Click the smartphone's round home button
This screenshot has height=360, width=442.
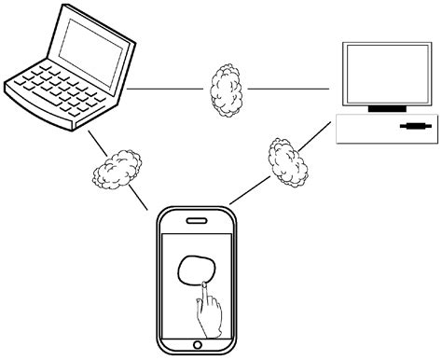197,346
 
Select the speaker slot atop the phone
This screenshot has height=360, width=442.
197,221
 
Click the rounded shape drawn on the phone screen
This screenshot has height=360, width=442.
197,270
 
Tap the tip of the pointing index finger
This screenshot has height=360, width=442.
200,282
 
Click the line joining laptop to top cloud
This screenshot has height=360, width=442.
166,89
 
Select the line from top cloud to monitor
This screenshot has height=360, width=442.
289,89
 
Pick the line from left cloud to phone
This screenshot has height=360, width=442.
140,198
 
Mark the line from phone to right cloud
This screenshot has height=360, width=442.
248,191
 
